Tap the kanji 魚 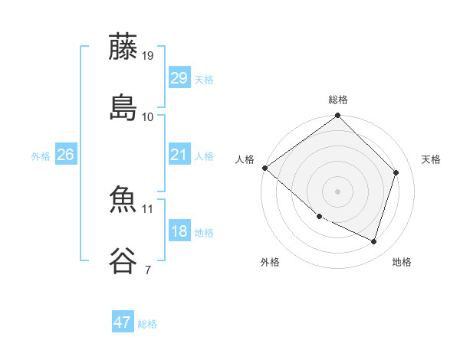point(123,201)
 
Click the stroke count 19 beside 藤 point(148,56)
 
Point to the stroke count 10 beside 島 point(148,116)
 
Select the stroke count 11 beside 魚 point(148,208)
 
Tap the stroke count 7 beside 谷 point(147,270)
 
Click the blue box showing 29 point(179,78)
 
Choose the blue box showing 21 point(179,155)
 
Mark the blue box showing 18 point(179,231)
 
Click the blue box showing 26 point(66,155)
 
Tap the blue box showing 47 point(123,322)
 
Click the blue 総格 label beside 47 point(147,324)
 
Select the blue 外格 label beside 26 point(41,156)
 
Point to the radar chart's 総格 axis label point(338,100)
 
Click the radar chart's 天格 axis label point(432,159)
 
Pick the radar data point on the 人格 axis point(264,168)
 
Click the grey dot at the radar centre point(338,191)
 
